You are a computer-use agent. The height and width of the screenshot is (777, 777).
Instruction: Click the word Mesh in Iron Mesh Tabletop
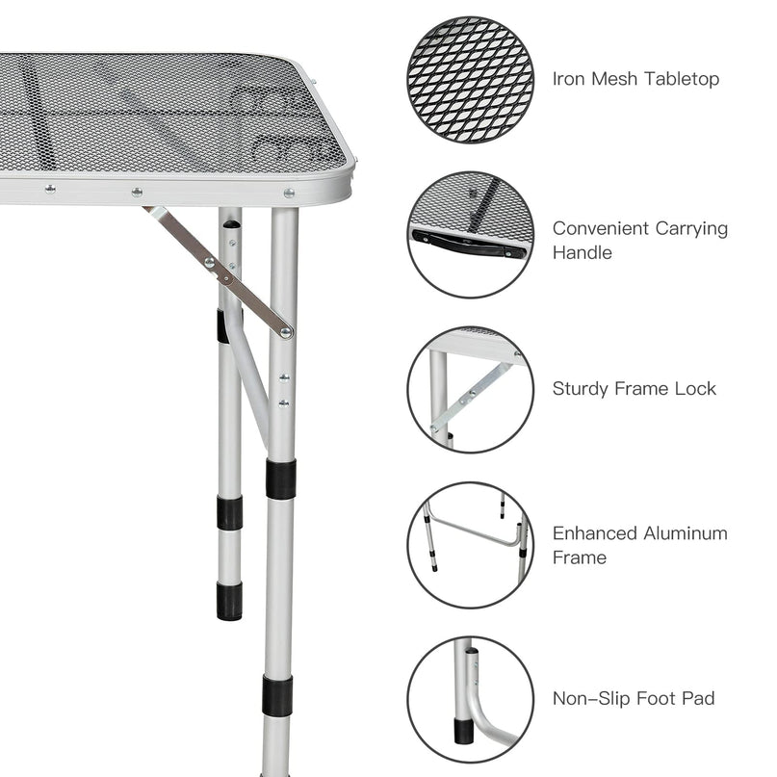coord(614,79)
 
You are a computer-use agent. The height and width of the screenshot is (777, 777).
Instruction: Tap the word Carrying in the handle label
coord(691,228)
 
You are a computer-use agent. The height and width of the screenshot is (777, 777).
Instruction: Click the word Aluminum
coord(686,533)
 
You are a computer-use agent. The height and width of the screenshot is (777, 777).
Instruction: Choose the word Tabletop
coord(682,79)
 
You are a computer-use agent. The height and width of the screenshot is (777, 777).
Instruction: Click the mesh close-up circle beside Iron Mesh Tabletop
coord(470,80)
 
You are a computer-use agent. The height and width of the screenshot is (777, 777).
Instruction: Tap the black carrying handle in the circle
coord(468,245)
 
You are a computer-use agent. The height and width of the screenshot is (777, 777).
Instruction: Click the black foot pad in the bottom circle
coord(463,732)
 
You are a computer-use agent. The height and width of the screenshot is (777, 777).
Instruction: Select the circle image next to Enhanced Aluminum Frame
coord(470,545)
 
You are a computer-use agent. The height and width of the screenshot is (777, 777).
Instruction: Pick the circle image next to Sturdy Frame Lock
coord(470,390)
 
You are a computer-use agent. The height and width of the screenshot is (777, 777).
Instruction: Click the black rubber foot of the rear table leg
coord(229,601)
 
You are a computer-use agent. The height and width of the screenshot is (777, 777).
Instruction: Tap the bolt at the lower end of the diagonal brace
coord(285,332)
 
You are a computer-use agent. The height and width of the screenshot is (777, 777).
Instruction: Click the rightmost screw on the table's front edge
coord(289,193)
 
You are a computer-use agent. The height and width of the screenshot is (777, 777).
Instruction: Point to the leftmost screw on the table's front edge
coord(50,189)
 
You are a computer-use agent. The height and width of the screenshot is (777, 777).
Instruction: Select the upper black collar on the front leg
coord(281,479)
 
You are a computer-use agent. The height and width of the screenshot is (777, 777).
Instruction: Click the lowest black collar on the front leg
coord(277,696)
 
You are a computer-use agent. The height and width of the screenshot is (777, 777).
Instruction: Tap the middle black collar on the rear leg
coord(230,512)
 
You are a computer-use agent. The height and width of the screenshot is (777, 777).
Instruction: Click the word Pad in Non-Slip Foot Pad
coord(699,699)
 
